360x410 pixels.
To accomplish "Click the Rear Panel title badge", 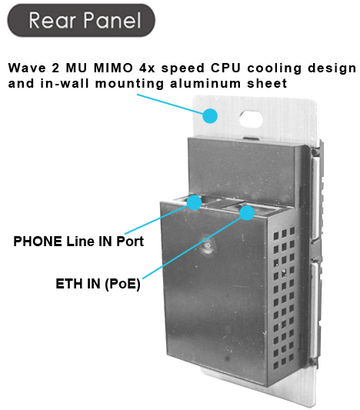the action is pos(81,20).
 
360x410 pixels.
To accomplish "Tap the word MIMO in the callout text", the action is pos(113,68).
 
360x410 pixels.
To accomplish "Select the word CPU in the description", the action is pos(225,68).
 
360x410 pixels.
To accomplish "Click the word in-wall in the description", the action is pos(65,84).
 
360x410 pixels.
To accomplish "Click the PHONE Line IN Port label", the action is pos(78,241).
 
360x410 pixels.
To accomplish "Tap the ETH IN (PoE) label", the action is pos(98,284).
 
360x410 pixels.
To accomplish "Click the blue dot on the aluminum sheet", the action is pos(210,116).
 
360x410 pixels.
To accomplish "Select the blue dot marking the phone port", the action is pos(195,202).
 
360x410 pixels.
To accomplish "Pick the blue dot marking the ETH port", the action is pos(247,213).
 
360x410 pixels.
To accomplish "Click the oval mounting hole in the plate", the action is pos(251,119).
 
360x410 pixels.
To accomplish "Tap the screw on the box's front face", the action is pos(208,247).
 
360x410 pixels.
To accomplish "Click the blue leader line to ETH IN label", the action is pos(192,248).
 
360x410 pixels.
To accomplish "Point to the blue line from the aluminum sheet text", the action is pos(170,104).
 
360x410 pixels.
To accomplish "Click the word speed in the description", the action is pos(183,68).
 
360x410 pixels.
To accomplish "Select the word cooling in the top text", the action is pos(275,68).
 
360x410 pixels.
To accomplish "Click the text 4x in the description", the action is pos(147,68).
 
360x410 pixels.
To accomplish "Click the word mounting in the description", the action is pos(130,84).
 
